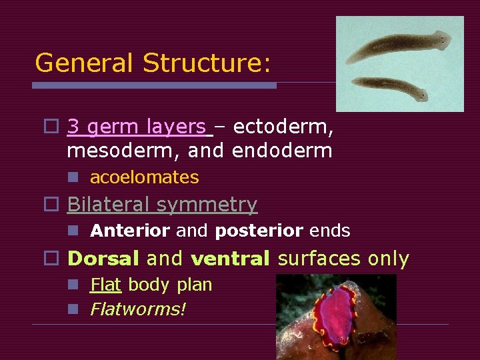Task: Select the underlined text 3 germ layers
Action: [x=137, y=126]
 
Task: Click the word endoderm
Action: [x=282, y=151]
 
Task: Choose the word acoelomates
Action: [x=144, y=177]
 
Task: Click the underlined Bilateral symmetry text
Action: [x=162, y=204]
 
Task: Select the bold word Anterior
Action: [x=130, y=231]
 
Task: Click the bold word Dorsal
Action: [x=104, y=258]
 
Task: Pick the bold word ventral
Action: [x=231, y=258]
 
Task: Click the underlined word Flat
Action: [x=105, y=285]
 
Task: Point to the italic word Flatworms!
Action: [x=138, y=309]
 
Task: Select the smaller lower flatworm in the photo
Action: [x=389, y=86]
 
